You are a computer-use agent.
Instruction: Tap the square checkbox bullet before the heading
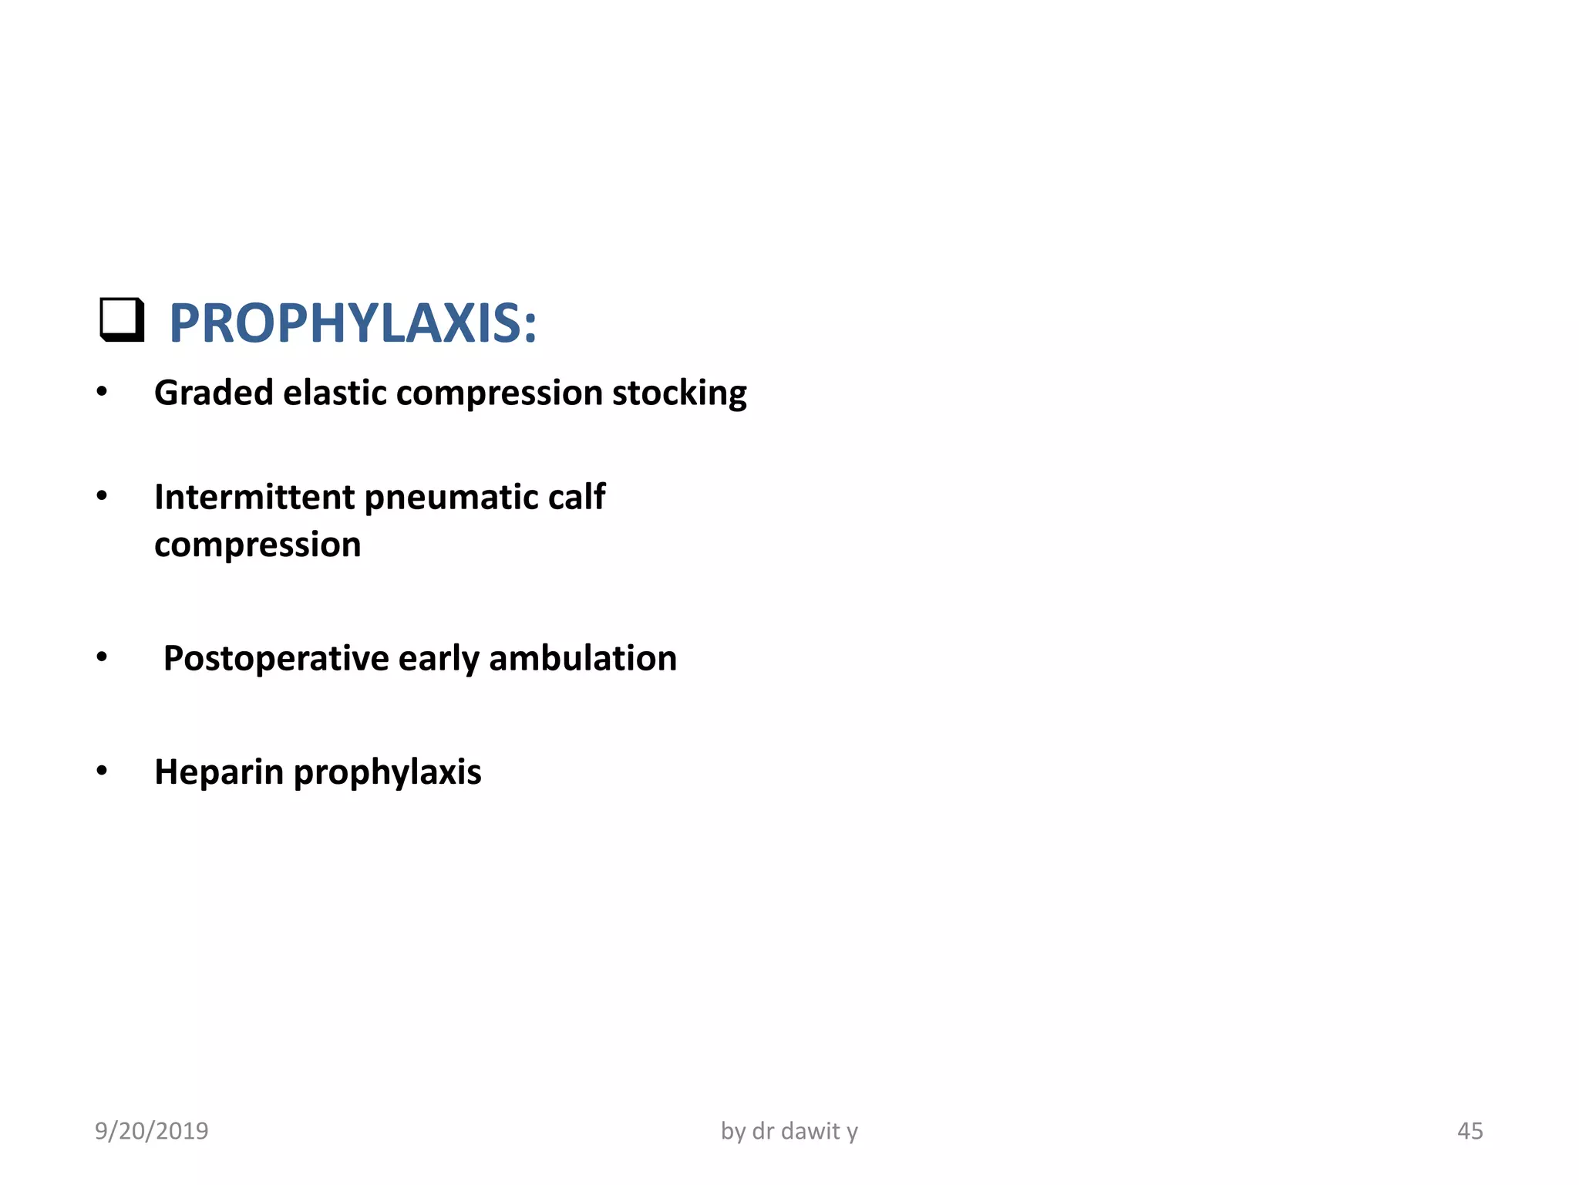pyautogui.click(x=122, y=319)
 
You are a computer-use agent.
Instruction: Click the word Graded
pyautogui.click(x=214, y=393)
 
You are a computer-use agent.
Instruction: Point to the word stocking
pyautogui.click(x=679, y=393)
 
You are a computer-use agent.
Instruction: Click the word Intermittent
pyautogui.click(x=254, y=498)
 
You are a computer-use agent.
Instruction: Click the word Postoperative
pyautogui.click(x=276, y=660)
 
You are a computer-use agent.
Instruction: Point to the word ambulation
pyautogui.click(x=583, y=659)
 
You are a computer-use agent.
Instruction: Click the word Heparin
pyautogui.click(x=219, y=772)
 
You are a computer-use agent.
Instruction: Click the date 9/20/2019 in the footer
pyautogui.click(x=152, y=1131)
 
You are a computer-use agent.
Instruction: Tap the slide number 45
pyautogui.click(x=1470, y=1131)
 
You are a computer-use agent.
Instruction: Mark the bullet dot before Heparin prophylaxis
pyautogui.click(x=102, y=771)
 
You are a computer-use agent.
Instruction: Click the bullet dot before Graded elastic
pyautogui.click(x=102, y=392)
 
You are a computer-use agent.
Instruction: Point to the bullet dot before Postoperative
pyautogui.click(x=102, y=657)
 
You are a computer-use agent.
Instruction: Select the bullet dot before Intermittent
pyautogui.click(x=102, y=496)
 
